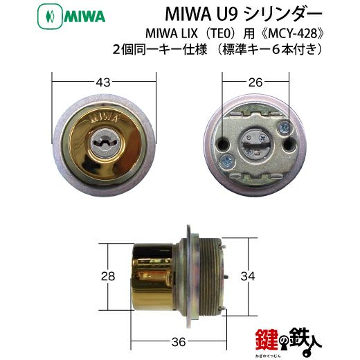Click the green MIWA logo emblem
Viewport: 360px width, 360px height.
tap(50, 17)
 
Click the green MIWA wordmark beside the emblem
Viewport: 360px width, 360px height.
tap(84, 17)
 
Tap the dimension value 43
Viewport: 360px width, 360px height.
tap(103, 82)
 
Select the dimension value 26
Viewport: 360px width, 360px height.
tap(255, 82)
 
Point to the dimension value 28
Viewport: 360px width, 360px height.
tap(108, 276)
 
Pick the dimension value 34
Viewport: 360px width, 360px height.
tap(248, 276)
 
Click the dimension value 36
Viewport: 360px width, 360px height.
tap(179, 342)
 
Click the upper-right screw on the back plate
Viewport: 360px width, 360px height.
tap(284, 127)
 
